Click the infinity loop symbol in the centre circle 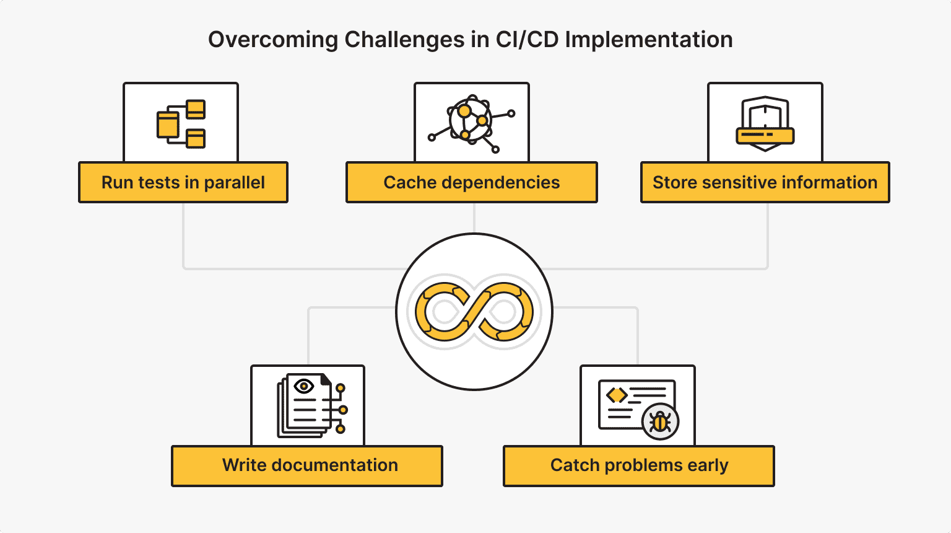pyautogui.click(x=474, y=312)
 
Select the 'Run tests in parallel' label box pyautogui.click(x=183, y=183)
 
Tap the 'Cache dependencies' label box pyautogui.click(x=471, y=183)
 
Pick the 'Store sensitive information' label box pyautogui.click(x=765, y=183)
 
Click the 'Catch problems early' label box pyautogui.click(x=638, y=465)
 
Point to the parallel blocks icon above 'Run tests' pyautogui.click(x=181, y=123)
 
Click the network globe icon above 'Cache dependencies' pyautogui.click(x=471, y=121)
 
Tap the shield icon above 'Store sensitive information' pyautogui.click(x=765, y=123)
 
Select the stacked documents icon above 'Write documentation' pyautogui.click(x=310, y=406)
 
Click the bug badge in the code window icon pyautogui.click(x=661, y=422)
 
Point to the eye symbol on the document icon pyautogui.click(x=303, y=387)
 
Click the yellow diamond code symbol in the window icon pyautogui.click(x=617, y=395)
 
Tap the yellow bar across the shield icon pyautogui.click(x=765, y=134)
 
